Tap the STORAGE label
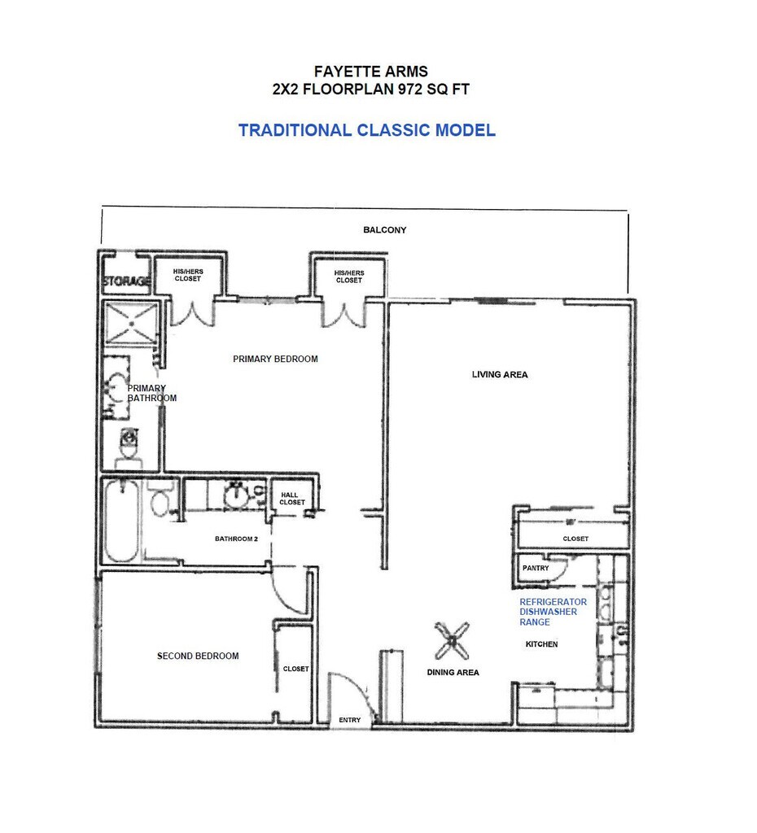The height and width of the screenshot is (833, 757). point(126,281)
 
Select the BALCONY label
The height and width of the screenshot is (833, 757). point(384,230)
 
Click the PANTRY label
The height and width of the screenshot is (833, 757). point(536,569)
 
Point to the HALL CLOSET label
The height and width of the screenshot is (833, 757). point(292,499)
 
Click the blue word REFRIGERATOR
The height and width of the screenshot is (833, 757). point(553,602)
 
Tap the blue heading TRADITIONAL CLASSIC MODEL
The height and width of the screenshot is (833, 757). point(366,130)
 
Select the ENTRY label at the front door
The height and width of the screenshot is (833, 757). point(349,719)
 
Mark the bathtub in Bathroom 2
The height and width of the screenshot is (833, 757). point(121,521)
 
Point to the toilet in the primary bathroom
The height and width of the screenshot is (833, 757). point(128,447)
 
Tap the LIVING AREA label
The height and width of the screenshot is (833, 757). point(500,375)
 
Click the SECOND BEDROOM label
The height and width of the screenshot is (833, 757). point(198,656)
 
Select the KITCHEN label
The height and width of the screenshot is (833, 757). point(541,644)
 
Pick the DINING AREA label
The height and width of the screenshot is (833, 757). point(453,673)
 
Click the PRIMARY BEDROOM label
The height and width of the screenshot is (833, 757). point(275,359)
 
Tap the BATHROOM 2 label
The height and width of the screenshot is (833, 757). point(236,539)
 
